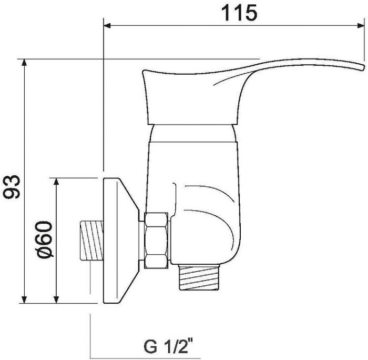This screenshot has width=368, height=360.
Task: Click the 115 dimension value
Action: tap(239, 13)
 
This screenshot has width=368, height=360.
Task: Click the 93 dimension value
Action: tap(12, 187)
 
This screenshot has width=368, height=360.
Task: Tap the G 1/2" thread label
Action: tap(168, 345)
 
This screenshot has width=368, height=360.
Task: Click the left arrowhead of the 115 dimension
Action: tap(107, 25)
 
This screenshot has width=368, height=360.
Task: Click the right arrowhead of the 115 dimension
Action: tap(361, 25)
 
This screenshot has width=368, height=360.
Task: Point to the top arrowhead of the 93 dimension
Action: tap(24, 63)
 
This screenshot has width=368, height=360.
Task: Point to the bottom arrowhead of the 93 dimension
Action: tap(24, 299)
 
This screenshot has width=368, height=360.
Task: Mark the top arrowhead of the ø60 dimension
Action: tap(56, 182)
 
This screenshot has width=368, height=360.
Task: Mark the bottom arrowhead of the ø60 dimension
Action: tap(56, 299)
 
